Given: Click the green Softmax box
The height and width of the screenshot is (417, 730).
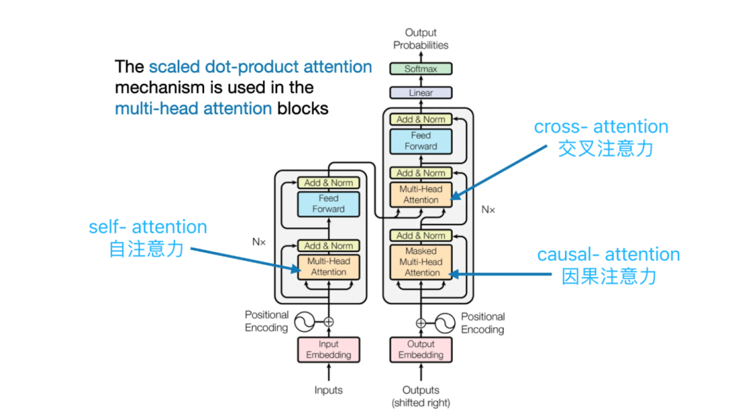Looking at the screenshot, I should coord(421,68).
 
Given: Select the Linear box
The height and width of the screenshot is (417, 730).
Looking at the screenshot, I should coord(421,93).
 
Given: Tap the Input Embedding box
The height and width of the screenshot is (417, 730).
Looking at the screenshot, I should coord(328,349).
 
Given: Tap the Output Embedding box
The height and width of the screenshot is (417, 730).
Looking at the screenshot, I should coord(421,349).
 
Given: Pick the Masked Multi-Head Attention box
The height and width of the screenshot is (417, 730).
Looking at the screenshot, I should coord(422,262).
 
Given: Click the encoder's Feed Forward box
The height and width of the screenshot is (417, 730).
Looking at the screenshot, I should coord(328,203).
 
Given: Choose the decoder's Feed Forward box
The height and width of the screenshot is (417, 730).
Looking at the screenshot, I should coord(421,141).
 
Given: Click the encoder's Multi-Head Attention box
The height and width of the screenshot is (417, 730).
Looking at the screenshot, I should coord(328,266).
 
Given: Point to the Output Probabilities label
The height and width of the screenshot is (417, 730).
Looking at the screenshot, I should coord(421,39).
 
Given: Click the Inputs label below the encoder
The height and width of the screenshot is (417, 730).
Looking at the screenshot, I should coord(328,390).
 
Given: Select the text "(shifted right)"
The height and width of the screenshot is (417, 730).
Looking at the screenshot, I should coord(421,403).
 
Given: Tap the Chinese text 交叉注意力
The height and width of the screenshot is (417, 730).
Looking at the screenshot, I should coord(605,149).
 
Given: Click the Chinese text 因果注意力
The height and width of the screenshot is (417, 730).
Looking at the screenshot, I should coord(609,276).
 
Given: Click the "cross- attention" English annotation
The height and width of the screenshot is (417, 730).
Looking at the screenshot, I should coord(601,127).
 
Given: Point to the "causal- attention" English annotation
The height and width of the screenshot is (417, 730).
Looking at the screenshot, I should coord(608,255).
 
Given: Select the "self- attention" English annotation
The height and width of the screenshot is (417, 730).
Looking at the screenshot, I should coord(148,226).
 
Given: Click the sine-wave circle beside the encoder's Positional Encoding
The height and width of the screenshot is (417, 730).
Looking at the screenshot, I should coord(303,322).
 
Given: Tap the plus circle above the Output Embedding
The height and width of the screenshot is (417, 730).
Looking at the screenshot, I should coord(421,322).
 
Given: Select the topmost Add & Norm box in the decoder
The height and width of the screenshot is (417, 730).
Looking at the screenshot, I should coord(421,119).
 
